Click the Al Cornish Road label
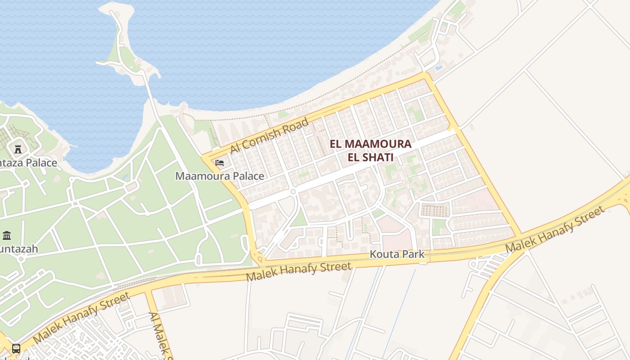pos(269,135)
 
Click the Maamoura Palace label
pos(220,176)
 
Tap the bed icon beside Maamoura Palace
pos(220,162)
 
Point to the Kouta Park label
pos(397,254)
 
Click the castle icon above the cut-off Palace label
pos(18,149)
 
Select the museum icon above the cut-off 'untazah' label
pos(7,235)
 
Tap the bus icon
pos(16,348)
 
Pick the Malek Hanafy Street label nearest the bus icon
pos(81,318)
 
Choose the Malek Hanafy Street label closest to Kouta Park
pos(299,271)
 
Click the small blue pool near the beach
pos(438,68)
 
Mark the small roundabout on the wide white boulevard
pos(293,192)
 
